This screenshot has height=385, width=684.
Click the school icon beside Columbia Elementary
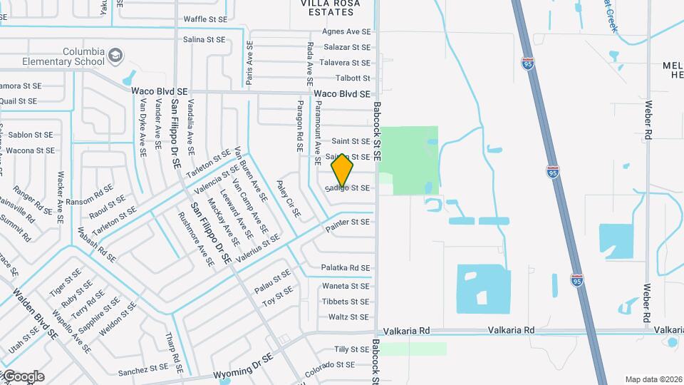[115, 55]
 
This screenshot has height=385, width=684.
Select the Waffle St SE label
[205, 19]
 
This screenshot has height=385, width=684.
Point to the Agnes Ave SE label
[346, 32]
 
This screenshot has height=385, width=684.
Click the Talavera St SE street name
[345, 63]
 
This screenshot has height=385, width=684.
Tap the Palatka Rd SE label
[345, 268]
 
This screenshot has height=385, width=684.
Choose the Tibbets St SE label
[346, 302]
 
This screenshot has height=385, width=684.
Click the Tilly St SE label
[352, 349]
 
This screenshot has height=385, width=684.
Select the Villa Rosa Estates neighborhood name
[330, 4]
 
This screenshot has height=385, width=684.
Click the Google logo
[23, 376]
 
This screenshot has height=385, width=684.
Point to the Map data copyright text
[653, 379]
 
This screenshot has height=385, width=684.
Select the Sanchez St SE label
[142, 371]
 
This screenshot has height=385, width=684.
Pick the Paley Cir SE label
[289, 199]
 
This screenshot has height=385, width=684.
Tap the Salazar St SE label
[347, 47]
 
